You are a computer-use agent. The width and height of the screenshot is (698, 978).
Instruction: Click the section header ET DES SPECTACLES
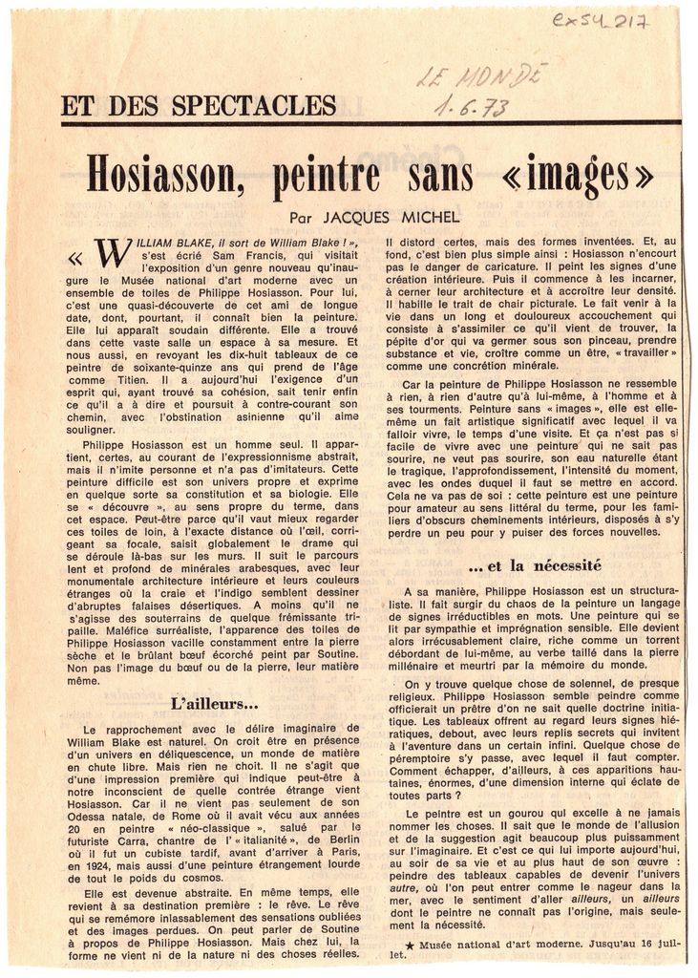(x=199, y=105)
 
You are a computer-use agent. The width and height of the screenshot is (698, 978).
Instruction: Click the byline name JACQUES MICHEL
(x=394, y=218)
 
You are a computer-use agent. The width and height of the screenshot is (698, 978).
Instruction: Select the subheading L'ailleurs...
(x=215, y=704)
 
